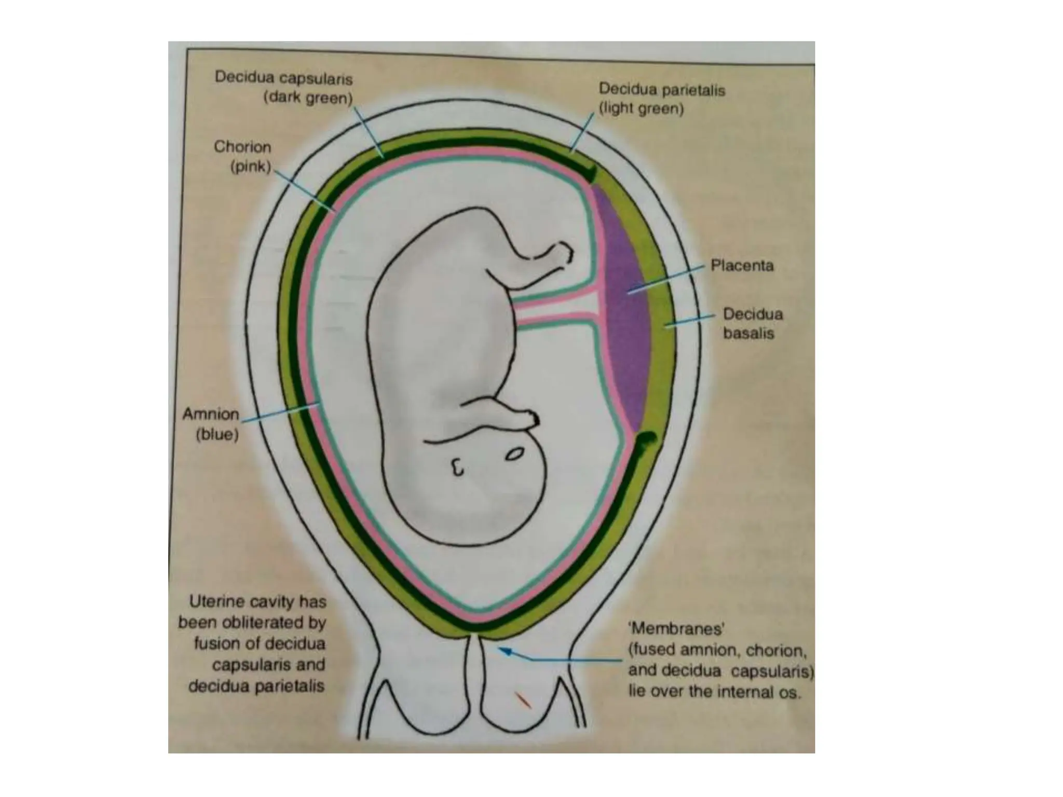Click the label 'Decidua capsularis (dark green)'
click(283, 88)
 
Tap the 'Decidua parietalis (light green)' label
click(661, 99)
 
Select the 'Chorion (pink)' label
click(242, 157)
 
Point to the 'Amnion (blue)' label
click(211, 424)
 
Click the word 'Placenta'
click(742, 266)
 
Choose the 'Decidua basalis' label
click(752, 323)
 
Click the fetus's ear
click(457, 468)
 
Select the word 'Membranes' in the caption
click(676, 629)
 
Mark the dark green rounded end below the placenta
click(647, 441)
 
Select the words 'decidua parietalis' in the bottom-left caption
click(256, 686)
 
